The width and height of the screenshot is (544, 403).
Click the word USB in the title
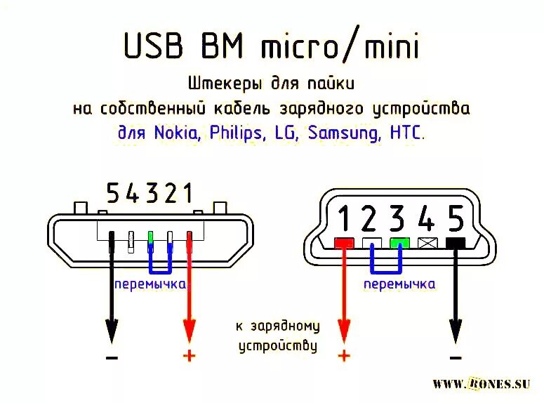(x=152, y=46)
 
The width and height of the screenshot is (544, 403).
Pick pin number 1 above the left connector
(x=187, y=192)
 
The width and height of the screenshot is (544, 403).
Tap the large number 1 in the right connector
(x=344, y=219)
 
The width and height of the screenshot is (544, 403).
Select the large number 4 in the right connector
(x=425, y=219)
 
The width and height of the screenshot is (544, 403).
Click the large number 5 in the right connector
(x=455, y=219)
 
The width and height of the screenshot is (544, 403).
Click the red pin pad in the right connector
(x=343, y=244)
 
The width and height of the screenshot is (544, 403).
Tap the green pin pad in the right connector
(x=399, y=244)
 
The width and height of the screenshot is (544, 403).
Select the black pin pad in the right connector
(x=456, y=244)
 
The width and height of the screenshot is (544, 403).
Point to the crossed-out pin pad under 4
(x=427, y=244)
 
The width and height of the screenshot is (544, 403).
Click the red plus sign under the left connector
(x=189, y=355)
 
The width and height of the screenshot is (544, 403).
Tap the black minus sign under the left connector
(x=112, y=357)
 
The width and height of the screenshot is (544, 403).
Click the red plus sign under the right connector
(x=343, y=355)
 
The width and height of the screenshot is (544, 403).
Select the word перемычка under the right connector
(x=399, y=284)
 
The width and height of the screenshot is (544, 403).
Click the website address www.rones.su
(x=481, y=383)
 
